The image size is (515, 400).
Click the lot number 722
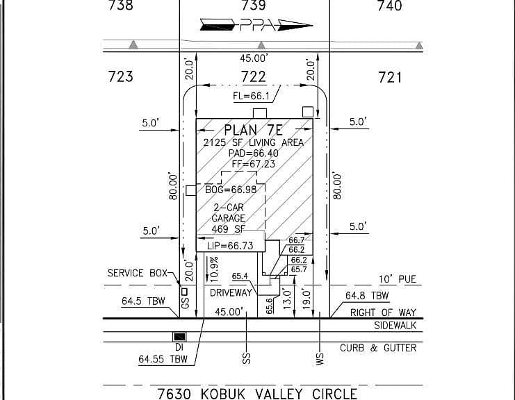click(x=253, y=77)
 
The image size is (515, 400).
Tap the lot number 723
click(x=121, y=76)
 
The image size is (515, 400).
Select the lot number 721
click(x=390, y=78)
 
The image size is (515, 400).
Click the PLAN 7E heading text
click(x=253, y=131)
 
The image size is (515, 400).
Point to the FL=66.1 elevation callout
click(x=251, y=96)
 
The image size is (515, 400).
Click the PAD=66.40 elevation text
click(x=253, y=153)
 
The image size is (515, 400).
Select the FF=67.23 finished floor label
click(x=253, y=164)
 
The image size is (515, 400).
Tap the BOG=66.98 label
click(x=231, y=190)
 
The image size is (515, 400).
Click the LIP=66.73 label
click(x=230, y=246)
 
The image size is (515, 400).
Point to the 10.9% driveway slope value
click(x=214, y=269)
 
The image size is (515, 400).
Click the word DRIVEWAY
click(x=231, y=292)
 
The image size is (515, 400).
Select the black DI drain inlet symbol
click(x=179, y=337)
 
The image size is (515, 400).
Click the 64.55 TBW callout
click(x=163, y=359)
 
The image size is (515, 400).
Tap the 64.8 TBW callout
click(x=367, y=296)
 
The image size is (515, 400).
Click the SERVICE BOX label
click(x=138, y=273)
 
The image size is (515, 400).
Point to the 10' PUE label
click(x=398, y=279)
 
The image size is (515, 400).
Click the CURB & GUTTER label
click(x=378, y=348)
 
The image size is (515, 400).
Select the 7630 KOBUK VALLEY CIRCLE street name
click(x=257, y=394)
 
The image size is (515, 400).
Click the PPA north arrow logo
click(x=256, y=25)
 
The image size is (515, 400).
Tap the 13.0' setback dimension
click(x=287, y=299)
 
